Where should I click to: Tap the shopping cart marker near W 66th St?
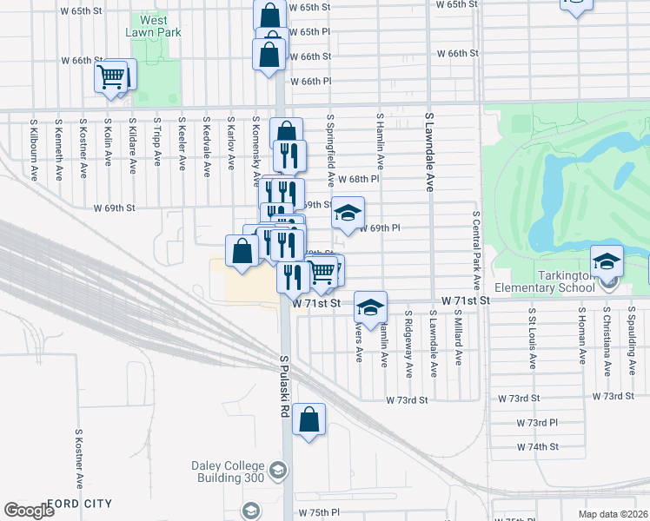coord(110,77)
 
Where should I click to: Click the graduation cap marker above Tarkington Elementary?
coord(607,261)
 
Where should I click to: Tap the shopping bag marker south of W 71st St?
coord(308,421)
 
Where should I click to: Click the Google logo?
coord(29,511)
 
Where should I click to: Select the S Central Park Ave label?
coord(477,250)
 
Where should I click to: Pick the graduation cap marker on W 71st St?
coord(370,307)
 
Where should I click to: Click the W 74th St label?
coord(536,446)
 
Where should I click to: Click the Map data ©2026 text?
coord(613,514)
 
